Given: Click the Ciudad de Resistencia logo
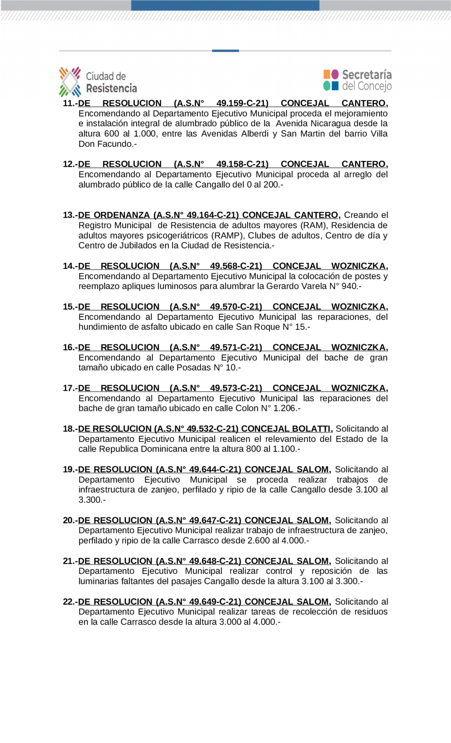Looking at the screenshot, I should [98, 81].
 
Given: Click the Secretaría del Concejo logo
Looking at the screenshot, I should [357, 80].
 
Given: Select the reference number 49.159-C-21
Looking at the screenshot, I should [242, 103].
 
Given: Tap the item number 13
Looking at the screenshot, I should [69, 215].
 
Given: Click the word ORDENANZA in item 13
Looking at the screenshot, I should [122, 215].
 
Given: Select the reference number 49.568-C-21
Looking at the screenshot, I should [236, 266].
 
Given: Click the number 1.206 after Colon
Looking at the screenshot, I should [284, 408].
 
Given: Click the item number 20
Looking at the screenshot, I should [69, 520].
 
